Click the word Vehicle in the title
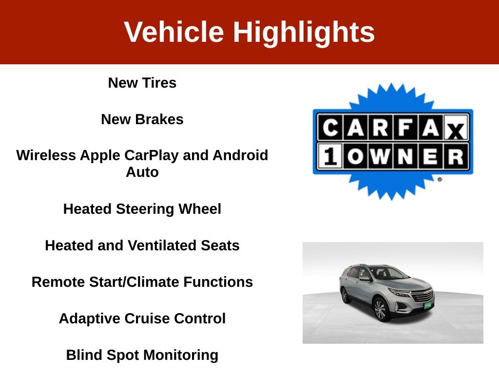point(174,32)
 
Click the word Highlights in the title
point(304,33)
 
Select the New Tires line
point(142,83)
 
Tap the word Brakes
point(159,119)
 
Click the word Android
point(240,155)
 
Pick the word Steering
point(145,209)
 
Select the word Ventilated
point(162,245)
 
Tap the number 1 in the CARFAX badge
point(330,156)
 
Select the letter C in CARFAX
point(330,128)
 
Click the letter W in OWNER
point(380,156)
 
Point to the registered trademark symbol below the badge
point(440,180)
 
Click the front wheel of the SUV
point(380,309)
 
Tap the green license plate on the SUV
point(428,305)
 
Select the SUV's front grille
point(422,296)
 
